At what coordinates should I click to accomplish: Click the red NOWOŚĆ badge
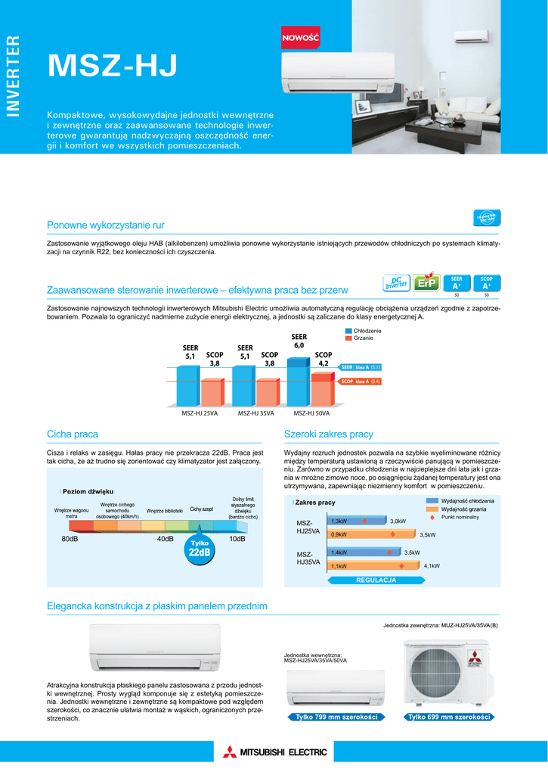pos(301,37)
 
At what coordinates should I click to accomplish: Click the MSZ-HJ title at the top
pos(112,67)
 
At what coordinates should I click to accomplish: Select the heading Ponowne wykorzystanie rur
pos(105,226)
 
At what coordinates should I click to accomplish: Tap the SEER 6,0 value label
pos(299,341)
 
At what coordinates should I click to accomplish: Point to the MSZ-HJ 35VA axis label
pos(255,413)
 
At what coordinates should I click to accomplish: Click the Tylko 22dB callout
pos(199,549)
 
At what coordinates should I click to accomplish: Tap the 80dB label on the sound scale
pos(70,539)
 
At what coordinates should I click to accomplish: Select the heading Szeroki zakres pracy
pos(328,434)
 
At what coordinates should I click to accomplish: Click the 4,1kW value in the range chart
pos(432,566)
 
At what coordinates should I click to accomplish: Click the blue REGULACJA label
pos(376,580)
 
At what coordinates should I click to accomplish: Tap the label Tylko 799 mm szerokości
pos(336,717)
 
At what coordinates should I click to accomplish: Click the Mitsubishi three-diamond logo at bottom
pos(230,752)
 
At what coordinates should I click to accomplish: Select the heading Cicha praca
pos(73,434)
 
